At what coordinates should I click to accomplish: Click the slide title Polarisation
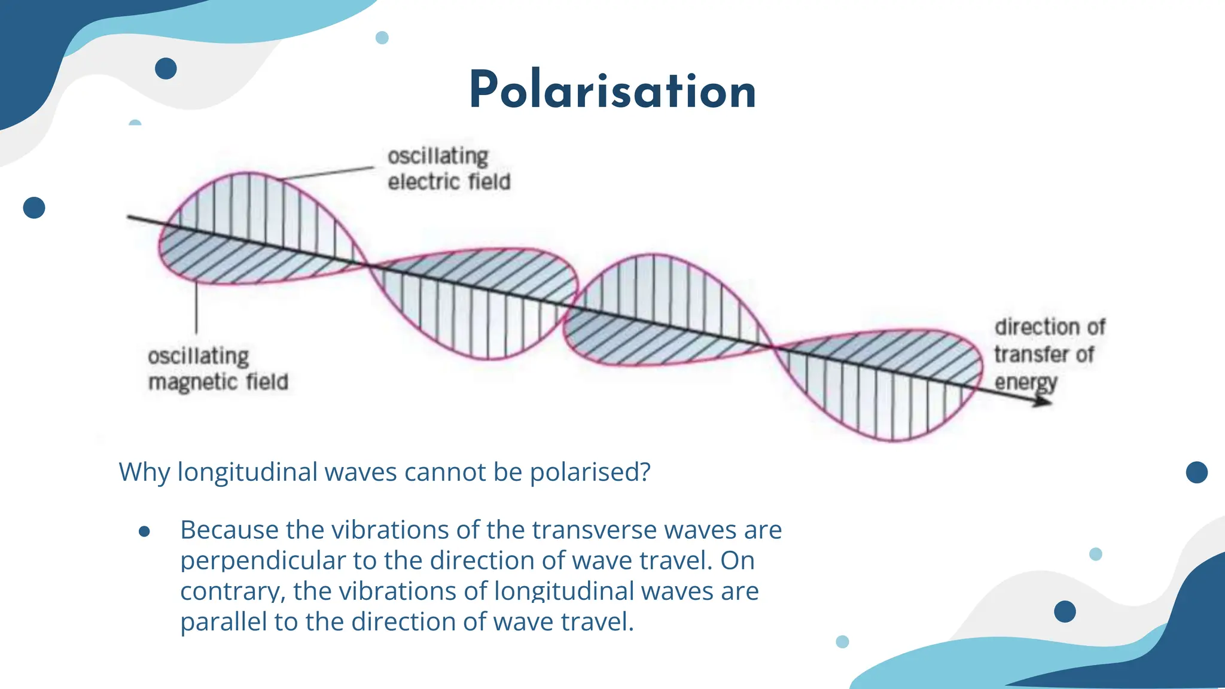pos(612,91)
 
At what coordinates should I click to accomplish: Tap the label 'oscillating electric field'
pos(449,169)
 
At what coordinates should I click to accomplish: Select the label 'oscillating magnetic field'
pos(218,369)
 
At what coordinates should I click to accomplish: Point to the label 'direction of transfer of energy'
pos(1049,354)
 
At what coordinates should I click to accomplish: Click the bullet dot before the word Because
pos(144,531)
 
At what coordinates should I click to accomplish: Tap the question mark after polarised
pos(644,472)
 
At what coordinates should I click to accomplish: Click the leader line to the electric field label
pos(328,173)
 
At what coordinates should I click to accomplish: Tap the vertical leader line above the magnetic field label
pos(196,308)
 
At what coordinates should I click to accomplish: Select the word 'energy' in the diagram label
pos(1025,382)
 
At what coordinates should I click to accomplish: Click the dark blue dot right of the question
pos(1196,472)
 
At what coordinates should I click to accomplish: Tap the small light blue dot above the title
pos(382,38)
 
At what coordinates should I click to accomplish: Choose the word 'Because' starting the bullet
pos(229,531)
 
